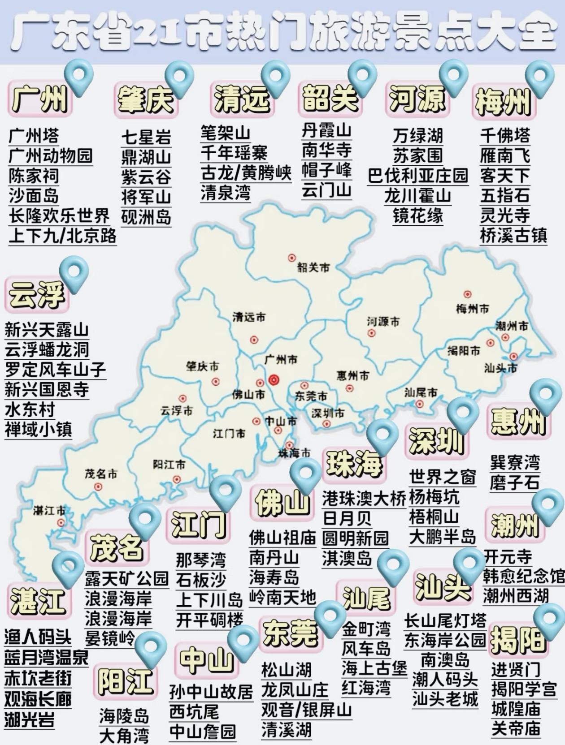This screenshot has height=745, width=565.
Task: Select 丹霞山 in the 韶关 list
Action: (326, 130)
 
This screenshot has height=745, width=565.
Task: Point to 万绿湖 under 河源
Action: (417, 135)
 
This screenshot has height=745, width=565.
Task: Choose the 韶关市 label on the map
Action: (313, 267)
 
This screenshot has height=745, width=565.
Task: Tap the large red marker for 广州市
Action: (274, 380)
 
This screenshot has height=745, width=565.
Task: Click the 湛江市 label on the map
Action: (49, 510)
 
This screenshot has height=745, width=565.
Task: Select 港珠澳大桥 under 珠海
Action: (364, 498)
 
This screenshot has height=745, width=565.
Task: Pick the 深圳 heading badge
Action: (436, 441)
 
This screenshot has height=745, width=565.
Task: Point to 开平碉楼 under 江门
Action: (209, 620)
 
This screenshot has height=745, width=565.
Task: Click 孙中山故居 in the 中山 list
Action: (211, 692)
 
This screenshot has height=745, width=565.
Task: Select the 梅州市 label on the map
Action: (472, 309)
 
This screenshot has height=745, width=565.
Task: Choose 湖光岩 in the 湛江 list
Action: (30, 719)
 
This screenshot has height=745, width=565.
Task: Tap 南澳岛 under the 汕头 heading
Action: (445, 660)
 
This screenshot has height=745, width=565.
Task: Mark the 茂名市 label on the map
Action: (101, 474)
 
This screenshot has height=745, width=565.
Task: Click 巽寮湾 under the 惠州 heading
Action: (515, 462)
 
